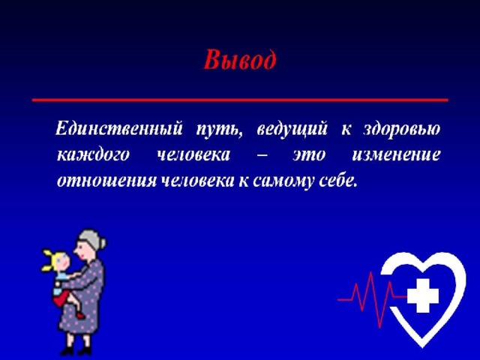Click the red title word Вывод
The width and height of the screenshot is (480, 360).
[240, 60]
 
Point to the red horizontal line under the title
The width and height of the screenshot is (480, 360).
[240, 100]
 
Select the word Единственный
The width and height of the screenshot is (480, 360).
[118, 128]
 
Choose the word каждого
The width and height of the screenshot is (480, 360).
[93, 155]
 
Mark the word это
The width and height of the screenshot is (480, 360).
[308, 155]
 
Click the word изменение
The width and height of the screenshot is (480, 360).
[396, 155]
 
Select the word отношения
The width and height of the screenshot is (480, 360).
[106, 181]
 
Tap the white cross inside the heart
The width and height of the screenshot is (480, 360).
[423, 296]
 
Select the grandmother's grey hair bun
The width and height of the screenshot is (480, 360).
[103, 243]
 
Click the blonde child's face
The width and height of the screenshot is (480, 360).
[62, 262]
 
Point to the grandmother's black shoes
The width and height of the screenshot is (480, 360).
[75, 351]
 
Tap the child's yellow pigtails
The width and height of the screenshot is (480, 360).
[48, 260]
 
